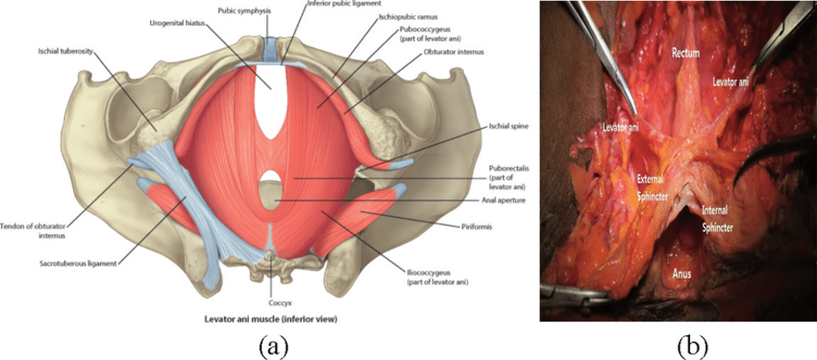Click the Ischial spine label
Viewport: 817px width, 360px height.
click(x=507, y=126)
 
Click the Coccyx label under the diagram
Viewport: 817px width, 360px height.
click(x=271, y=302)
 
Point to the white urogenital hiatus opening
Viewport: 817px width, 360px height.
click(x=271, y=102)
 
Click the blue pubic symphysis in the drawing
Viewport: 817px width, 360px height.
click(x=271, y=49)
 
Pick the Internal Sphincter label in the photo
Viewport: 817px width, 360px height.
click(x=718, y=219)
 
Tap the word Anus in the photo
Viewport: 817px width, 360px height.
click(x=681, y=272)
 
